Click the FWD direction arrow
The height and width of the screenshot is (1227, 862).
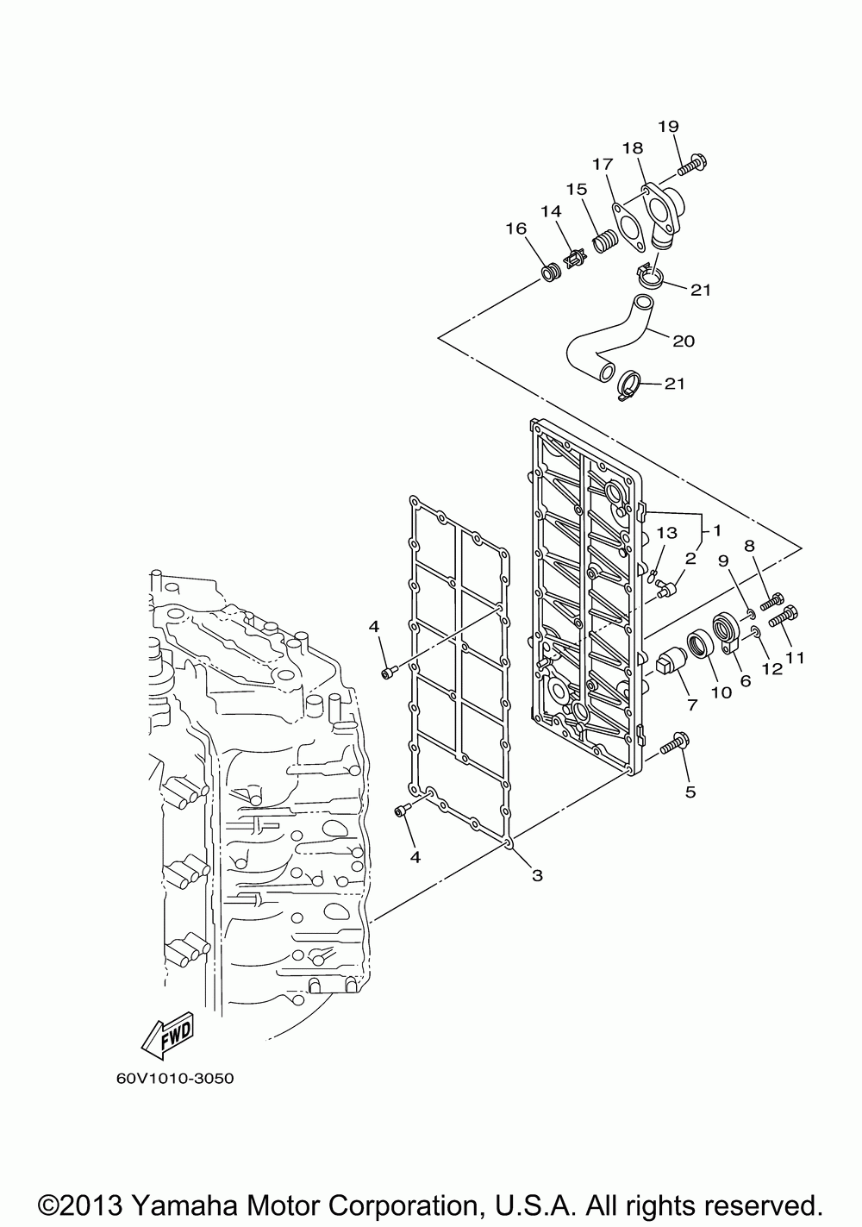click(x=168, y=1035)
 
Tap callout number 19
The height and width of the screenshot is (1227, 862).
click(x=668, y=127)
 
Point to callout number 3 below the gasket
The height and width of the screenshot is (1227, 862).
click(x=537, y=876)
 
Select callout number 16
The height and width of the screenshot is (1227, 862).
click(x=515, y=228)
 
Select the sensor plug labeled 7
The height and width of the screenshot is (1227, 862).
click(x=669, y=660)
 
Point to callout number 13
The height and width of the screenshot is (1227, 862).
click(x=668, y=532)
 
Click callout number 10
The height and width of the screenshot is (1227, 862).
click(x=721, y=692)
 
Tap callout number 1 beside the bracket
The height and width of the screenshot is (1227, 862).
click(x=716, y=530)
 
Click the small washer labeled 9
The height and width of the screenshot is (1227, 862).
click(x=751, y=613)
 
